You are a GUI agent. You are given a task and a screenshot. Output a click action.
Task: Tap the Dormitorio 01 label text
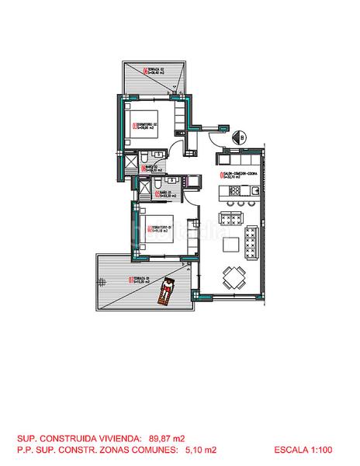click(x=161, y=228)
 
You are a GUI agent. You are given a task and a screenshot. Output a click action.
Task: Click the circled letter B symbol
click(x=241, y=139)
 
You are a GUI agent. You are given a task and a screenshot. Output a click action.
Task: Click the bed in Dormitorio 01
click(x=168, y=228)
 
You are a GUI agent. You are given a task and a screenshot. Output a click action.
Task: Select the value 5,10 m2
click(x=201, y=449)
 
